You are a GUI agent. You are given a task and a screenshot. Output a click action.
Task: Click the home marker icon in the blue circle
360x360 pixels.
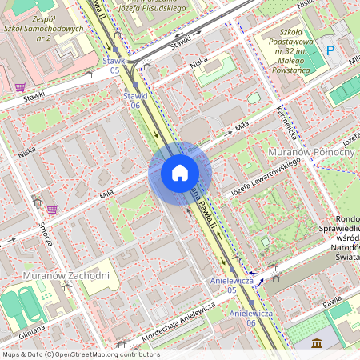(179, 173)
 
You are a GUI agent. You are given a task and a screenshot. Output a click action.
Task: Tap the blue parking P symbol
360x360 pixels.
(330, 50)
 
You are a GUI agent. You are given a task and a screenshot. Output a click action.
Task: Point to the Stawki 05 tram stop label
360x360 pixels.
(114, 66)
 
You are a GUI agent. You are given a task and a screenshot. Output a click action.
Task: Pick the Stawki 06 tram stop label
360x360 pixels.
(136, 100)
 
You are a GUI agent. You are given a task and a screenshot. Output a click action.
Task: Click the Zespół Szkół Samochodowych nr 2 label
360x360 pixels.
(55, 28)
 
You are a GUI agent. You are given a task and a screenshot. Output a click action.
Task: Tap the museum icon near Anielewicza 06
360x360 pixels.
(317, 343)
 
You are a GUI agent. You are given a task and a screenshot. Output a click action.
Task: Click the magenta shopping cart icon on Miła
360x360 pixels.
(52, 210)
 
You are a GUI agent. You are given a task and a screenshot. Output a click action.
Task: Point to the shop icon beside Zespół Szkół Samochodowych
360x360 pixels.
(20, 86)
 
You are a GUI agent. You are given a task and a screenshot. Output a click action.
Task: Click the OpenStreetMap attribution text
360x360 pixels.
(80, 354)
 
